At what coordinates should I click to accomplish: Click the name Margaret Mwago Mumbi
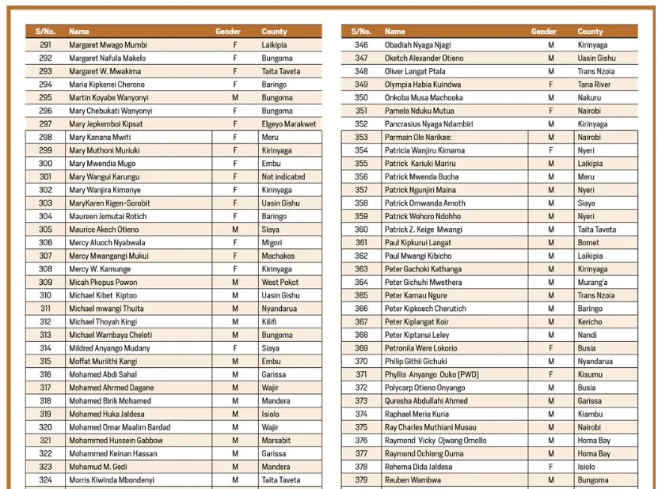(108, 45)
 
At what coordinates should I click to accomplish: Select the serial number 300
(45, 164)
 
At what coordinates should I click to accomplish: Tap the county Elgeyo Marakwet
(288, 124)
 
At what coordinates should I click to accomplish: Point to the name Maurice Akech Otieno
(104, 229)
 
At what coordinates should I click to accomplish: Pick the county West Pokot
(280, 282)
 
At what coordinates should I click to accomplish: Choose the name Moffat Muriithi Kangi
(103, 362)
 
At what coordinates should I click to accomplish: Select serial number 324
(45, 480)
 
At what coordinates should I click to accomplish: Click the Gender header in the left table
(228, 32)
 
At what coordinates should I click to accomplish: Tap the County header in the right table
(590, 32)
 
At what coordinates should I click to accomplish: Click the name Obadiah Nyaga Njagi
(417, 45)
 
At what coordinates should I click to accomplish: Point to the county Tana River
(594, 85)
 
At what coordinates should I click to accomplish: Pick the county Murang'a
(593, 282)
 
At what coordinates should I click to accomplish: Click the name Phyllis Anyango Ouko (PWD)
(432, 375)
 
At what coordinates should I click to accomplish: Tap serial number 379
(361, 480)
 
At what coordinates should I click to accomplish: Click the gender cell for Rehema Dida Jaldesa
(551, 467)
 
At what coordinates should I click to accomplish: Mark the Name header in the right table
(394, 32)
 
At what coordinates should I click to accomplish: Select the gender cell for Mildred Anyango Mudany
(234, 348)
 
